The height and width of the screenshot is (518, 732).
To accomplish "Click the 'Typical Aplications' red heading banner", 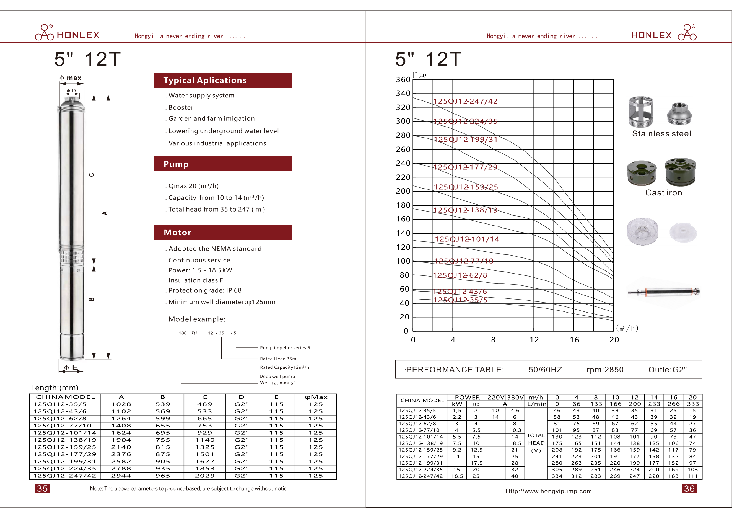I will click(x=222, y=80).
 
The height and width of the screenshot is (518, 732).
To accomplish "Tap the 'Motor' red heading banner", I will click(x=222, y=233).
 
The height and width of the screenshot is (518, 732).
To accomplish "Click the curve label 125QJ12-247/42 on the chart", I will click(x=465, y=101).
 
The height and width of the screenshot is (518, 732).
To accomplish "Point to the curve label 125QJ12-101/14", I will click(x=467, y=239).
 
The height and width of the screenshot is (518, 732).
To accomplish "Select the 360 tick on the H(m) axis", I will click(x=403, y=79).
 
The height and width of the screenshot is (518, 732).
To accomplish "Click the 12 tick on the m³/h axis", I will click(x=534, y=340).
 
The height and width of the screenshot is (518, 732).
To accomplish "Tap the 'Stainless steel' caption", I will click(x=661, y=134).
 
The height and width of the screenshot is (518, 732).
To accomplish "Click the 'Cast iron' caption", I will click(x=663, y=193).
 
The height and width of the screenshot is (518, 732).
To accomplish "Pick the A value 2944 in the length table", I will click(x=121, y=476).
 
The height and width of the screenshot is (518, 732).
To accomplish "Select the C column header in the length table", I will click(x=205, y=397).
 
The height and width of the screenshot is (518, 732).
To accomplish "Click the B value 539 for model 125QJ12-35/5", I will click(x=163, y=404).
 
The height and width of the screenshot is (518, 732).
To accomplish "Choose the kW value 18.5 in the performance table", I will click(x=457, y=476).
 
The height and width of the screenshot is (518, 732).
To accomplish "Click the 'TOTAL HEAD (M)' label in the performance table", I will click(x=536, y=443).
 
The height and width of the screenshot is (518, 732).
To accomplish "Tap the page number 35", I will click(x=42, y=488).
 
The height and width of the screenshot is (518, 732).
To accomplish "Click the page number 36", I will click(x=689, y=488).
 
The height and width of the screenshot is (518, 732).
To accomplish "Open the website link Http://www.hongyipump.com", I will click(x=548, y=491).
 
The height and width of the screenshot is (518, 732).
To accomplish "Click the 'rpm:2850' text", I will click(x=605, y=370).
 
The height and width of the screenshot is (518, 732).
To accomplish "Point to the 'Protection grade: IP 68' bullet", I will click(x=205, y=290).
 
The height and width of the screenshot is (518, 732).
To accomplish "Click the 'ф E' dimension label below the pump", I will click(x=71, y=367).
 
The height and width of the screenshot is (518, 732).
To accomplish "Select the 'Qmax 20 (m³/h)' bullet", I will click(x=193, y=186).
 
